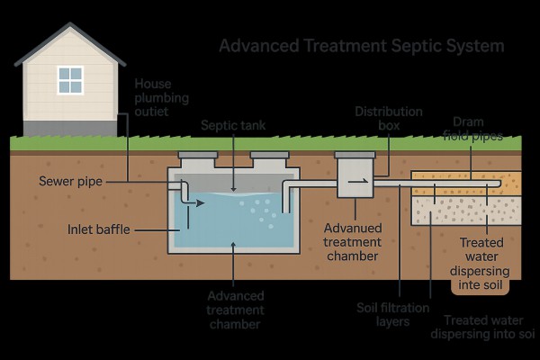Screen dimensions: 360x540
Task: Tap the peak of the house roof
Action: [x=69, y=27]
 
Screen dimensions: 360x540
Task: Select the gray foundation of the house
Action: [x=69, y=127]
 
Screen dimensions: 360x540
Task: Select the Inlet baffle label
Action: [x=99, y=229]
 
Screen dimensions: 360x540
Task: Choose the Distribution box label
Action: [x=377, y=119]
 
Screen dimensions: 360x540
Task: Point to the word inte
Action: [x=469, y=285]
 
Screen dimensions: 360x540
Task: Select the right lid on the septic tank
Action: [x=269, y=159]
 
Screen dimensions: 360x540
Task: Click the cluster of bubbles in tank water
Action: [x=260, y=208]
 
